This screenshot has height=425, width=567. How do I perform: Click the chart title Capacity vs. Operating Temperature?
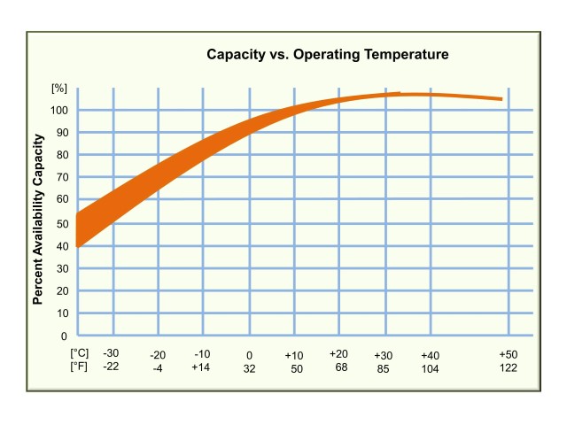coord(328,55)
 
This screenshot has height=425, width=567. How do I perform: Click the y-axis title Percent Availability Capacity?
coord(39,219)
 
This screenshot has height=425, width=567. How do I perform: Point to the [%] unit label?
coord(59,89)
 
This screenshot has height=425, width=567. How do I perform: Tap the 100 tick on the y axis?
coord(58,111)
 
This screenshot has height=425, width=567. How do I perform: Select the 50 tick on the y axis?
coord(61,223)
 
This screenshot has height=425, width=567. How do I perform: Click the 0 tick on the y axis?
coord(64,336)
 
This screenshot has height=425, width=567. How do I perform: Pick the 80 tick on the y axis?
coord(61,156)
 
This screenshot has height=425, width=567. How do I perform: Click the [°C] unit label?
coord(79,353)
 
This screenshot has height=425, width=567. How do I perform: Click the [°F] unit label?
coord(79,367)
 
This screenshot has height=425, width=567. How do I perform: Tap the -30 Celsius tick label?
coord(111,353)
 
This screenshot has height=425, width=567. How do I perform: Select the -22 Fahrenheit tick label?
coord(111,367)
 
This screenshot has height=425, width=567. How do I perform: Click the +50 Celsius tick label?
coord(509,353)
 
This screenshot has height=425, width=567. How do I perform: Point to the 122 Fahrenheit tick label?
coord(509,367)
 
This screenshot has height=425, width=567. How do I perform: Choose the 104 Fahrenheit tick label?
coord(430,367)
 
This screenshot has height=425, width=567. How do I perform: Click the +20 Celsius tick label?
coord(338,353)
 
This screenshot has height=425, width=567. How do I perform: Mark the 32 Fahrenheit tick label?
coord(249,367)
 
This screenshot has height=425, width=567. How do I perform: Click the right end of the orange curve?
coord(501,99)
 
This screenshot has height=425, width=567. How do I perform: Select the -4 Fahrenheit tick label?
coord(158,367)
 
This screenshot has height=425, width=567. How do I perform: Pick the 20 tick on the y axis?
coord(61,291)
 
